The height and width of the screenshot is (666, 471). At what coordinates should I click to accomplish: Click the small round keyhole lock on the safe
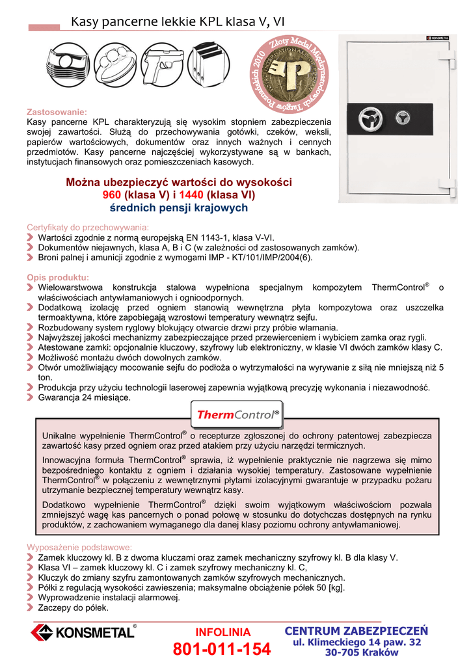(x=403, y=119)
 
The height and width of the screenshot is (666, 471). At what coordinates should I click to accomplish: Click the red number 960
(x=113, y=194)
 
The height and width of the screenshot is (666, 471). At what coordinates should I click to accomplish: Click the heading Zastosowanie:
(x=57, y=112)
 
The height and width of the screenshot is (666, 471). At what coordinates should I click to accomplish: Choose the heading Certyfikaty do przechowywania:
(x=88, y=228)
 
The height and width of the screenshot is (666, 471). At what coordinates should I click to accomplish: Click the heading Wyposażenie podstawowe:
(x=79, y=548)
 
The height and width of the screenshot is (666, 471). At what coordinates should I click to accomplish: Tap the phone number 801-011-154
(x=222, y=650)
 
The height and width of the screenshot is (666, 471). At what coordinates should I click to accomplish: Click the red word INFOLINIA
(x=222, y=632)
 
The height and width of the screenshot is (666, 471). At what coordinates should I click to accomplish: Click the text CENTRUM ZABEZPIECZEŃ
(x=357, y=630)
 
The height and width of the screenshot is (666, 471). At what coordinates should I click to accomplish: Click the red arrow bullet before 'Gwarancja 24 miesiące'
(x=31, y=397)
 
